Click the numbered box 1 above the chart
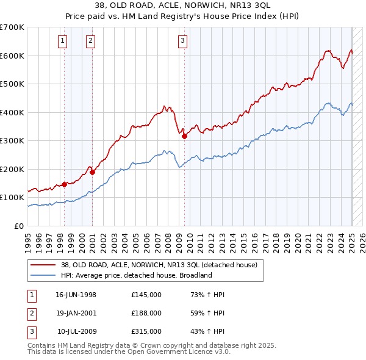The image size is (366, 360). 63,41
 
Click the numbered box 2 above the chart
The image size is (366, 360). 90,41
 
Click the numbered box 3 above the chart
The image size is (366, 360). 182,41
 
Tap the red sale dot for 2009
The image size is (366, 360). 184,137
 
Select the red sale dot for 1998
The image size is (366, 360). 65,184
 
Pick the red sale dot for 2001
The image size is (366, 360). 92,172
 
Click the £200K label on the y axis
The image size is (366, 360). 12,169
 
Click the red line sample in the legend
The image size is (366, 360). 43,265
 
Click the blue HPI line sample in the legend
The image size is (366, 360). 43,275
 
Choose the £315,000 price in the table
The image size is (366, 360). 146,331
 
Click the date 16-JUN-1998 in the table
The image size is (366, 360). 76,295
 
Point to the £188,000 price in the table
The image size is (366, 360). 146,313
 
